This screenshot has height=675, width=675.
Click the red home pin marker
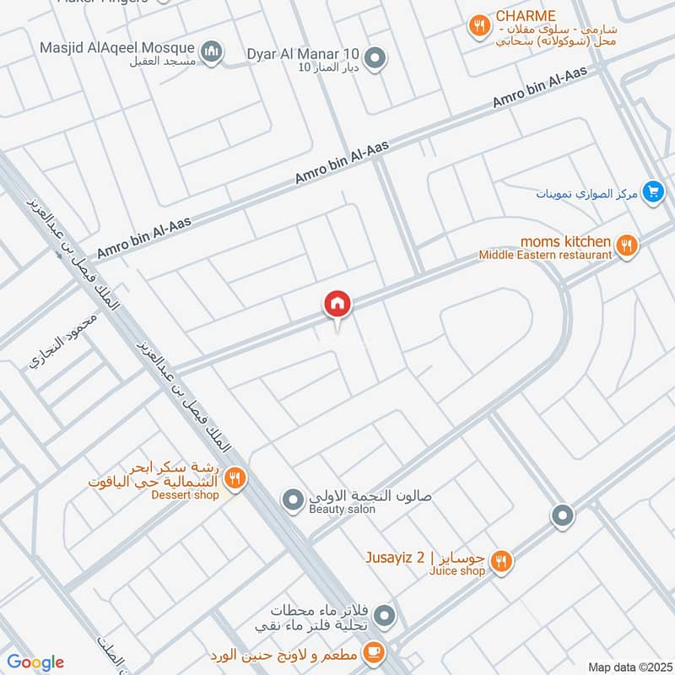coord(337,304)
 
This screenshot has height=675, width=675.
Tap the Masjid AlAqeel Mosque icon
coord(212,51)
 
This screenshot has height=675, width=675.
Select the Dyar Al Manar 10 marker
coord(377,57)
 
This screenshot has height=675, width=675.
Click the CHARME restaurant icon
coord(479,26)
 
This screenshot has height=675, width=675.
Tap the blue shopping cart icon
coord(651,192)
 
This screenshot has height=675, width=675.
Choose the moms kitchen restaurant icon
coord(625,246)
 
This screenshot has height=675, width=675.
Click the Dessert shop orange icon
coord(235,480)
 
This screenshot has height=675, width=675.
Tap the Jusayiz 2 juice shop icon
coord(501,560)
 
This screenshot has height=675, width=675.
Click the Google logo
coord(35,662)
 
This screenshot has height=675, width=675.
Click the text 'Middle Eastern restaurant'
coord(545,255)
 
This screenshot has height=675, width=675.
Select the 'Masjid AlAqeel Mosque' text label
coord(117,48)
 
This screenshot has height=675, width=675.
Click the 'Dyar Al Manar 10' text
coord(305,54)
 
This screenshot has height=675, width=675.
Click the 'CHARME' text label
coord(526,16)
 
